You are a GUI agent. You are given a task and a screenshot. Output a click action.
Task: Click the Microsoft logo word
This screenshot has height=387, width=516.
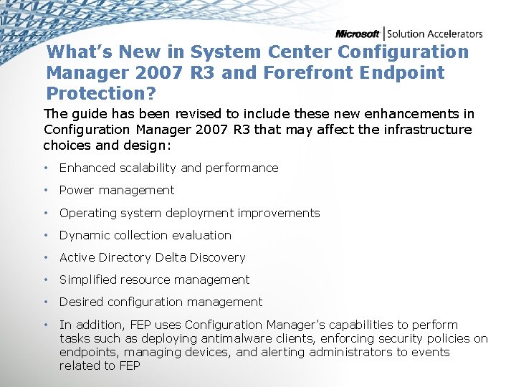[358, 34]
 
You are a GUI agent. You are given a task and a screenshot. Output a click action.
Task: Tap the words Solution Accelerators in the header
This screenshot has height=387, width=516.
[435, 34]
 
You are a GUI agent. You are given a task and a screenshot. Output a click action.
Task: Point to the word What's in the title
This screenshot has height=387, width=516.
[79, 52]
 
